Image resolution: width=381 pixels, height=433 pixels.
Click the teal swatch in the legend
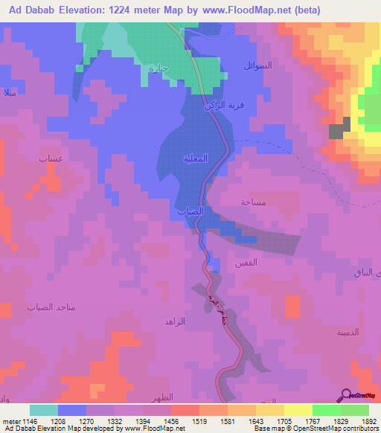tap(44, 410)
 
